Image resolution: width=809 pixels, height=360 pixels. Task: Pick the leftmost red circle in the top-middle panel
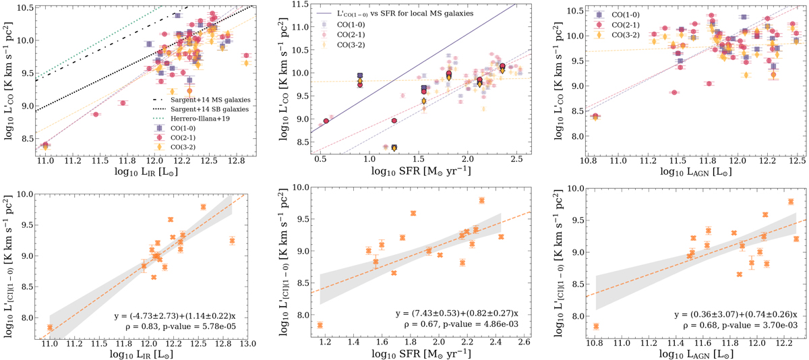(326, 121)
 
